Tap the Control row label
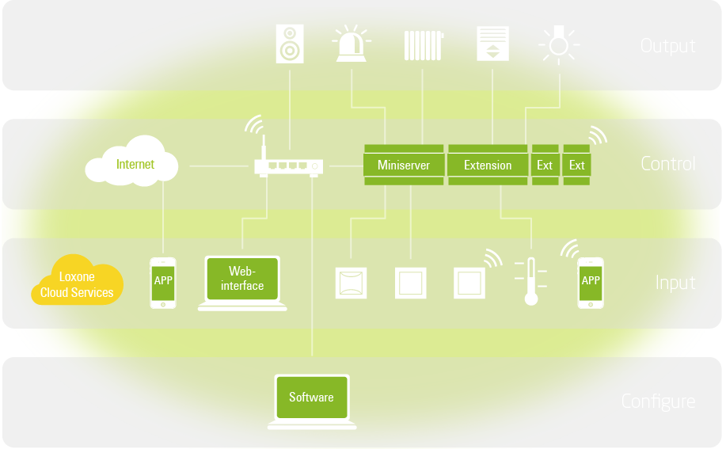[667, 164]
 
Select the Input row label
[675, 283]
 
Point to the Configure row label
[658, 401]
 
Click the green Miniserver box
[404, 165]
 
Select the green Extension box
[487, 165]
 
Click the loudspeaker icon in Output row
[290, 44]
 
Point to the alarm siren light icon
[352, 45]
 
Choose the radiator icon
[423, 45]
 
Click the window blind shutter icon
[492, 44]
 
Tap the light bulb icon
[559, 44]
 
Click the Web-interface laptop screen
[242, 279]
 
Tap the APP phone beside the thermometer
[591, 283]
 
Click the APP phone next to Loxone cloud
[163, 283]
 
